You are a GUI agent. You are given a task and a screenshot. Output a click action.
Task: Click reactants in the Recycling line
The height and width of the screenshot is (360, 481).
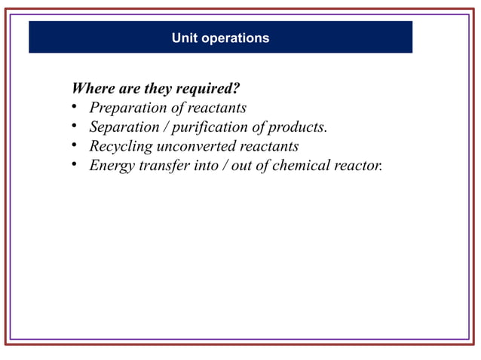(269, 146)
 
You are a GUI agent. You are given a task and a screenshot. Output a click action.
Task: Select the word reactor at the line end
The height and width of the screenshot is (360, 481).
(358, 166)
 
